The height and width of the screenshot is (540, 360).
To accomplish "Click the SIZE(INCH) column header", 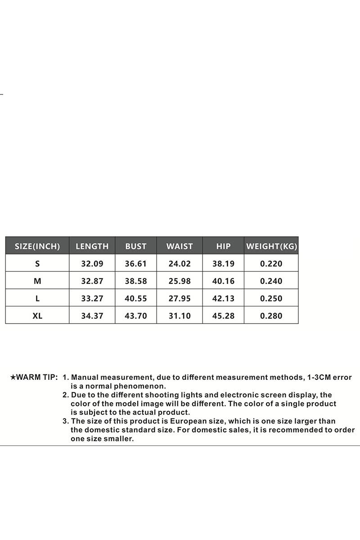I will [37, 246].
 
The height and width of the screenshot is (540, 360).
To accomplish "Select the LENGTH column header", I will [92, 246].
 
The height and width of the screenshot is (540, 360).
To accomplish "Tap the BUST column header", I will [136, 246].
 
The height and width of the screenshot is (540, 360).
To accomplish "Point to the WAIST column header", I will [180, 246].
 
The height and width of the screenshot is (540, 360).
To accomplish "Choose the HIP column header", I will [223, 246].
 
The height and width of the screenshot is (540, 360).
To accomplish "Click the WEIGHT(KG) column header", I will [271, 246].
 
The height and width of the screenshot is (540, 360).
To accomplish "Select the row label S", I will [37, 264].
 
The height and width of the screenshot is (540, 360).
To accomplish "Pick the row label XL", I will [37, 316].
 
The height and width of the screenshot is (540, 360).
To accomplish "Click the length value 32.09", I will [92, 264].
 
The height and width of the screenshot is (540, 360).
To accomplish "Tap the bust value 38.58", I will [136, 281].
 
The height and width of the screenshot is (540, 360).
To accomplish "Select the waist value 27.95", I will [180, 298].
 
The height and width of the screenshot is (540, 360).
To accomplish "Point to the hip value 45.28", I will [223, 316].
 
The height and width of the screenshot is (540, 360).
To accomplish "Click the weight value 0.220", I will [271, 264].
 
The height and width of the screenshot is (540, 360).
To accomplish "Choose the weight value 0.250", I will [271, 298].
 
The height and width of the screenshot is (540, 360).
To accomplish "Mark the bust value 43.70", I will [136, 316].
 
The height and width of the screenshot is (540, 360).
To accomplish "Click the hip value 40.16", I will [223, 281].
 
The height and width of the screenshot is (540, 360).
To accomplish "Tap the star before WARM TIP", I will [13, 378].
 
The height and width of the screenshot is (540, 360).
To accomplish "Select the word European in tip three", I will [188, 421].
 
